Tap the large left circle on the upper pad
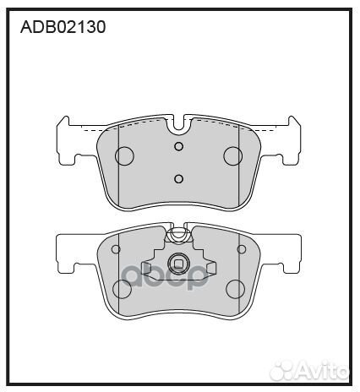[125, 155]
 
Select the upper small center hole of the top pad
[178, 146]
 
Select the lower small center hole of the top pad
[178, 177]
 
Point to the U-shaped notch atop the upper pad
[178, 128]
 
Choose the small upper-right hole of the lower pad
[241, 248]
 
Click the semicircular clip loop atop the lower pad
[178, 233]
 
